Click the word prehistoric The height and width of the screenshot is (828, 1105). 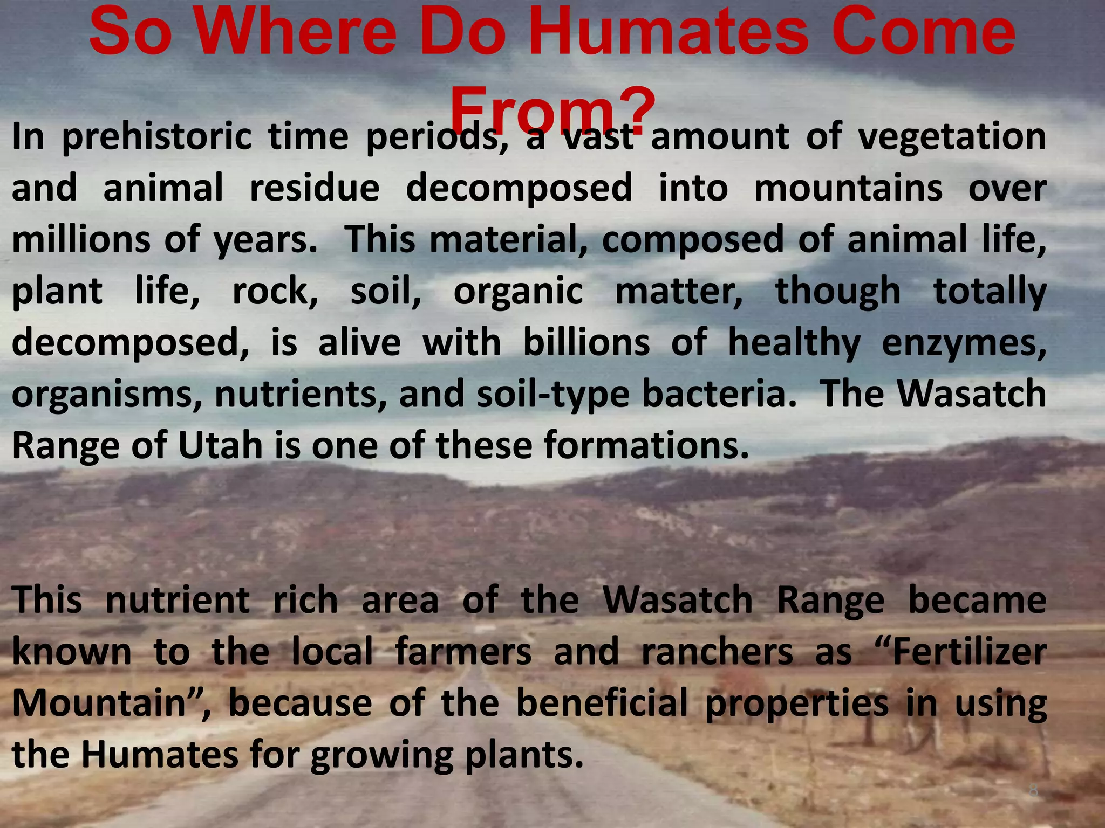point(156,137)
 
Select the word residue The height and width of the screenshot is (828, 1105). point(315,188)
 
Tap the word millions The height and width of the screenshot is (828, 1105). point(81,239)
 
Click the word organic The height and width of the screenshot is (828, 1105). point(518,292)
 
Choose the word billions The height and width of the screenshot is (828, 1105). point(586,343)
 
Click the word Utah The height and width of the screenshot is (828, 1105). point(220,445)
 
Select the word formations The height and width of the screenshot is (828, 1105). point(646,445)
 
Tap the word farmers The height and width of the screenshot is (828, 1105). point(463,652)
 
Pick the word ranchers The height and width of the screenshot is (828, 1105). point(717,652)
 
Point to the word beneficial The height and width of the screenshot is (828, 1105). point(602,703)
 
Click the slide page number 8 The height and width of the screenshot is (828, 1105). point(1033,791)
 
